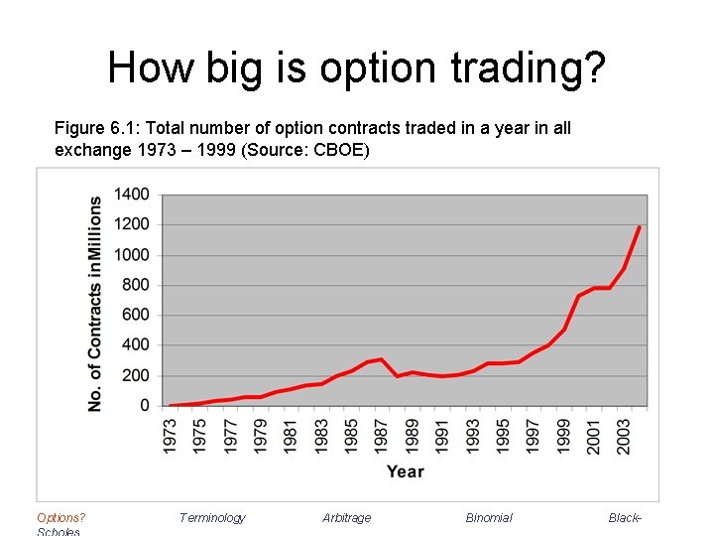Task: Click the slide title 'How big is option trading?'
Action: coord(356,67)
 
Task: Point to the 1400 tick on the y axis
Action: coord(131,195)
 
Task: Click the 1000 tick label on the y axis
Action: coord(131,255)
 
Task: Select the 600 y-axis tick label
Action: coord(135,316)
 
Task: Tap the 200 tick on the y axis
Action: coord(135,376)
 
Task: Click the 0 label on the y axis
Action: coord(145,406)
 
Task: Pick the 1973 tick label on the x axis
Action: coord(170,433)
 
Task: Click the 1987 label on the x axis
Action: coord(382,433)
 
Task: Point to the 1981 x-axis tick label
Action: coord(291,433)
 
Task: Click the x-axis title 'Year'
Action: coord(405,471)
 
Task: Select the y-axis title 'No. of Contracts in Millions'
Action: coord(95,303)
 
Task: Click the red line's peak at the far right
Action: coord(640,227)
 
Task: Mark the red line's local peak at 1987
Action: coord(382,359)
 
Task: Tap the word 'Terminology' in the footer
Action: coord(212,517)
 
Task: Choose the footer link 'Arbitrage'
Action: coord(346,517)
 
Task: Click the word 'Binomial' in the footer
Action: coord(489,517)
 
